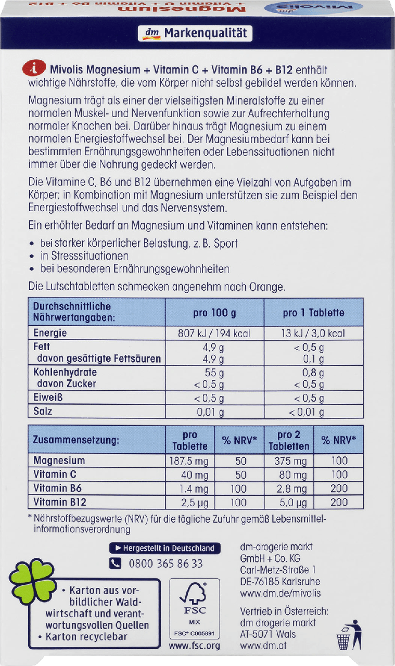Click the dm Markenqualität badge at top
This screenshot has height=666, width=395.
196,34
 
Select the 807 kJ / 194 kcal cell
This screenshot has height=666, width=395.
214,334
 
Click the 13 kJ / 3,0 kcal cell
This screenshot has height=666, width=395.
313,334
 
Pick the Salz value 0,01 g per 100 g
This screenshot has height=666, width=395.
213,412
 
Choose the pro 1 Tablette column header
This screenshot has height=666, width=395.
313,313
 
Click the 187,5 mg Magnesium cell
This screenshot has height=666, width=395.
189,461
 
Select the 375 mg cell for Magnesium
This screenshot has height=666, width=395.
289,461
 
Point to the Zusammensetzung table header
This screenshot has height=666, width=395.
76,440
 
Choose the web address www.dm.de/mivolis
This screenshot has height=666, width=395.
280,593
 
